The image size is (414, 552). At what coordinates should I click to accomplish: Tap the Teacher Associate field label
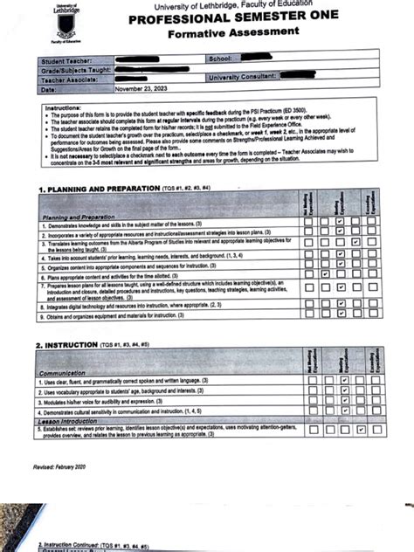pyautogui.click(x=69, y=79)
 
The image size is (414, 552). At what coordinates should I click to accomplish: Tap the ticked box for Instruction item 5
pyautogui.click(x=358, y=431)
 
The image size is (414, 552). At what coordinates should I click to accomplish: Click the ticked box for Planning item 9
pyautogui.click(x=340, y=316)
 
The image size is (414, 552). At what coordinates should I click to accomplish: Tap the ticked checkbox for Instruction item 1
pyautogui.click(x=344, y=382)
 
